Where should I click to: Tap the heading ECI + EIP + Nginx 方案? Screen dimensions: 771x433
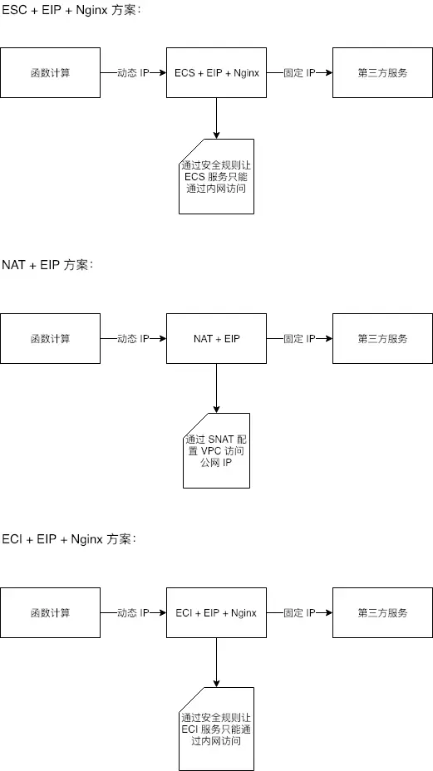(69, 539)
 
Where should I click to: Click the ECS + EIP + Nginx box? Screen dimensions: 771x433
(216, 73)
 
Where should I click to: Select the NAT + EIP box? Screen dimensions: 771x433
(216, 339)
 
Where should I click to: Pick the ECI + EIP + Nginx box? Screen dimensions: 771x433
(216, 613)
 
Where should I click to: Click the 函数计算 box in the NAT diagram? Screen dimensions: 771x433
(50, 339)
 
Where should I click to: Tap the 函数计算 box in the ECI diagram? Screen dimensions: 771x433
(50, 613)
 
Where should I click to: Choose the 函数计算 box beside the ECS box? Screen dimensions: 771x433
(50, 73)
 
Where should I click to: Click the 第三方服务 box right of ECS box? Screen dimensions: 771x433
(382, 73)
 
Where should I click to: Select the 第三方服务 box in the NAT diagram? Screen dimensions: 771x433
(382, 339)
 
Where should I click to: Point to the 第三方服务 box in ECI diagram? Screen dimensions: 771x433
(382, 613)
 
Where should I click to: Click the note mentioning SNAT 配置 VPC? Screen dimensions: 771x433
(216, 450)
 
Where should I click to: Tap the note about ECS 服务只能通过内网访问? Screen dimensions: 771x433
(216, 176)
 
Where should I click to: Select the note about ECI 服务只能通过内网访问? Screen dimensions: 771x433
(216, 729)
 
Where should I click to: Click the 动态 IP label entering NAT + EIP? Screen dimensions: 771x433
(133, 339)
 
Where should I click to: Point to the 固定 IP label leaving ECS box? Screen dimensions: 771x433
(299, 73)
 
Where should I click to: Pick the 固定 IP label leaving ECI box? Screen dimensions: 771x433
(299, 613)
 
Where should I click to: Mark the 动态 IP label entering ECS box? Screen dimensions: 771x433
(133, 73)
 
